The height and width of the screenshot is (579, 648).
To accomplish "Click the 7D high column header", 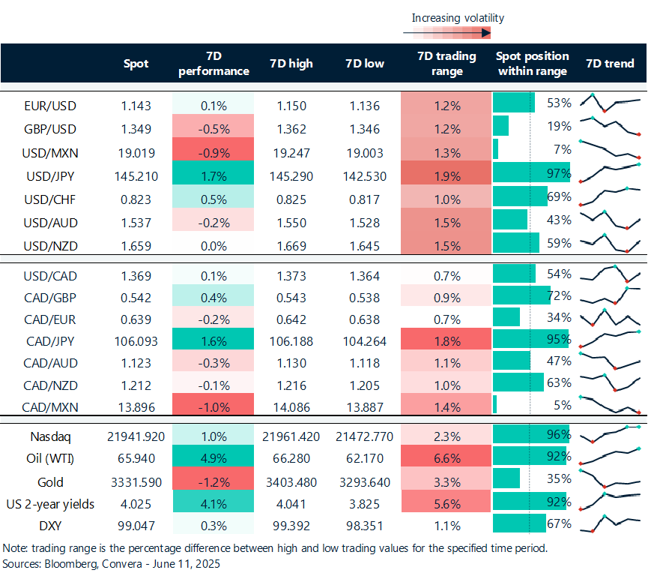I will click(x=291, y=64).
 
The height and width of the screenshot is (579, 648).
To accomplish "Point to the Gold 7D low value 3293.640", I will click(x=363, y=481).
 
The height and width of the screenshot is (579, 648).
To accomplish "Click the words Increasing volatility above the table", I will click(x=458, y=18).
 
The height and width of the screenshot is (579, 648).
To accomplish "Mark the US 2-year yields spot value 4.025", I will click(x=136, y=504).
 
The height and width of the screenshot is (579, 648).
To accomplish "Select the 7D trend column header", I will click(x=610, y=64).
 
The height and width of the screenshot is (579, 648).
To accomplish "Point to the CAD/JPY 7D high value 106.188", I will click(x=291, y=341).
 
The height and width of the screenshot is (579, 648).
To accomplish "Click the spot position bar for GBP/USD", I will click(x=501, y=126).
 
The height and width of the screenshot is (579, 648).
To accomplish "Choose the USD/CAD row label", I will click(x=51, y=275).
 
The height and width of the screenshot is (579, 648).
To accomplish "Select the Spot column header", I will click(x=136, y=64).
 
